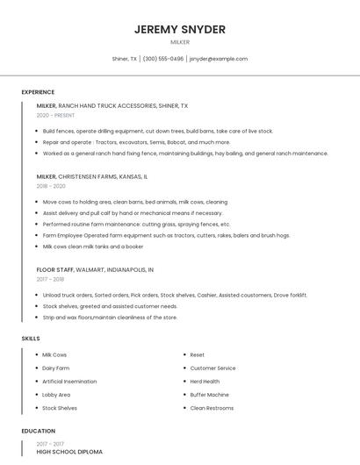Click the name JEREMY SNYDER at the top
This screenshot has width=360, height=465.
click(180, 29)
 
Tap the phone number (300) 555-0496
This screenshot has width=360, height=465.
click(163, 59)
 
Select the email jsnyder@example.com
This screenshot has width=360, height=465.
click(219, 59)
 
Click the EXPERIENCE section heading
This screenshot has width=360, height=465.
click(38, 92)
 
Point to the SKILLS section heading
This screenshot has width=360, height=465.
click(31, 338)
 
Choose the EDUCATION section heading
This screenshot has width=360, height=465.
click(39, 431)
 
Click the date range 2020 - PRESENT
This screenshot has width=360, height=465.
click(55, 115)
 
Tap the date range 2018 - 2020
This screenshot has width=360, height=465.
click(51, 186)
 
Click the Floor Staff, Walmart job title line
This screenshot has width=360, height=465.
click(95, 269)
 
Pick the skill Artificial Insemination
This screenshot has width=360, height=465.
click(70, 382)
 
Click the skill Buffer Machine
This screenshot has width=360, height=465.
click(210, 395)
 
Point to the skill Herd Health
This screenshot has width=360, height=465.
click(205, 382)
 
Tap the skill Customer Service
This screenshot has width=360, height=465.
click(212, 368)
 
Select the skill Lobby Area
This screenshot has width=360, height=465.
click(56, 395)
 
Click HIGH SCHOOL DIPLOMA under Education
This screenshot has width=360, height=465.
click(69, 452)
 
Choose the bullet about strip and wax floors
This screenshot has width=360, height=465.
click(110, 318)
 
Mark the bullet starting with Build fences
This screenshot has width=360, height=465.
click(158, 131)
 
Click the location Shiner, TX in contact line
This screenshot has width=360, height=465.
click(125, 59)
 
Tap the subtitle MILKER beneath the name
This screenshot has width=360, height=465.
click(180, 42)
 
